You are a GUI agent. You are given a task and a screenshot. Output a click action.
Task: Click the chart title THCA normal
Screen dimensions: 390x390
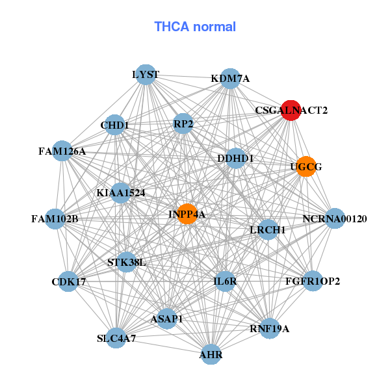click(195, 27)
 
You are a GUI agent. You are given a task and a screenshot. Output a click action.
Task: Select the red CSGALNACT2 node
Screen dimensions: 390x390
click(290, 110)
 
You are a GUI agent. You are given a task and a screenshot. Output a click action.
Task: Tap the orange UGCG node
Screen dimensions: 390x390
click(305, 167)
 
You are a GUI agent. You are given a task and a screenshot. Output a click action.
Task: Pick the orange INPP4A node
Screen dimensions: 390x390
click(187, 214)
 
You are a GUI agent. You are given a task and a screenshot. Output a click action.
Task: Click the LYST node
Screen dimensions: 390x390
click(146, 74)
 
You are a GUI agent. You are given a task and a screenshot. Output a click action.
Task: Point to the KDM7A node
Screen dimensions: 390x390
click(230, 79)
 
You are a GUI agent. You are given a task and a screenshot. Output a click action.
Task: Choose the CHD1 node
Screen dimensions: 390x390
click(114, 125)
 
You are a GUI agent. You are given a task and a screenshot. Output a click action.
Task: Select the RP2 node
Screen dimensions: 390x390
click(183, 123)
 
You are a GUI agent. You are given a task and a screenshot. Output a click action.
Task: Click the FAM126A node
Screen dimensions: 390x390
click(62, 151)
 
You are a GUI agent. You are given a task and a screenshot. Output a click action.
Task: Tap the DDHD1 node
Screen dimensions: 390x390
click(235, 158)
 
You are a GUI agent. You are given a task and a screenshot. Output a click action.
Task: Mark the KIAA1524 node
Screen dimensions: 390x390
click(121, 192)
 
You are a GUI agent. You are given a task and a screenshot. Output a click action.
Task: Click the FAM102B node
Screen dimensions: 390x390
click(55, 218)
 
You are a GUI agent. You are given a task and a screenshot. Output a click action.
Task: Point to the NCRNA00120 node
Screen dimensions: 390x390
click(335, 218)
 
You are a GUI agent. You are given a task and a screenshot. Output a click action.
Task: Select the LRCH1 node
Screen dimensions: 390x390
click(268, 229)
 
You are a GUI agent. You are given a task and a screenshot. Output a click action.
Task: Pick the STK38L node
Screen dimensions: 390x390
click(127, 263)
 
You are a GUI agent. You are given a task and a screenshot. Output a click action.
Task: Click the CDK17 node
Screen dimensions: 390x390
click(68, 281)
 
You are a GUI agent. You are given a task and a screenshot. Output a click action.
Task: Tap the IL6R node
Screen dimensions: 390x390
click(225, 281)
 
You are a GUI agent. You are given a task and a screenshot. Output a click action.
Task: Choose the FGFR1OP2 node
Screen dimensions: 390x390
click(313, 281)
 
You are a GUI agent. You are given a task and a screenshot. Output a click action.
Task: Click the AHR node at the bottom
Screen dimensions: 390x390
click(211, 354)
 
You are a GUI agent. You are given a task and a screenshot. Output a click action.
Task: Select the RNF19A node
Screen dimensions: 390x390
click(269, 328)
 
